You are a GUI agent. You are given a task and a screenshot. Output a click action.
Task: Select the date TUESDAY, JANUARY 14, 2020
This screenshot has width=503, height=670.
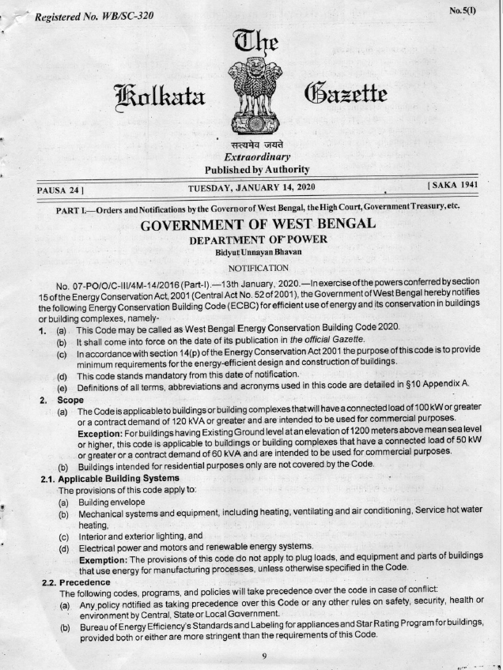pyautogui.click(x=251, y=187)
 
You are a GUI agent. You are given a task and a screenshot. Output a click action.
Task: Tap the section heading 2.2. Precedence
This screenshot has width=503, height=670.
pyautogui.click(x=76, y=582)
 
